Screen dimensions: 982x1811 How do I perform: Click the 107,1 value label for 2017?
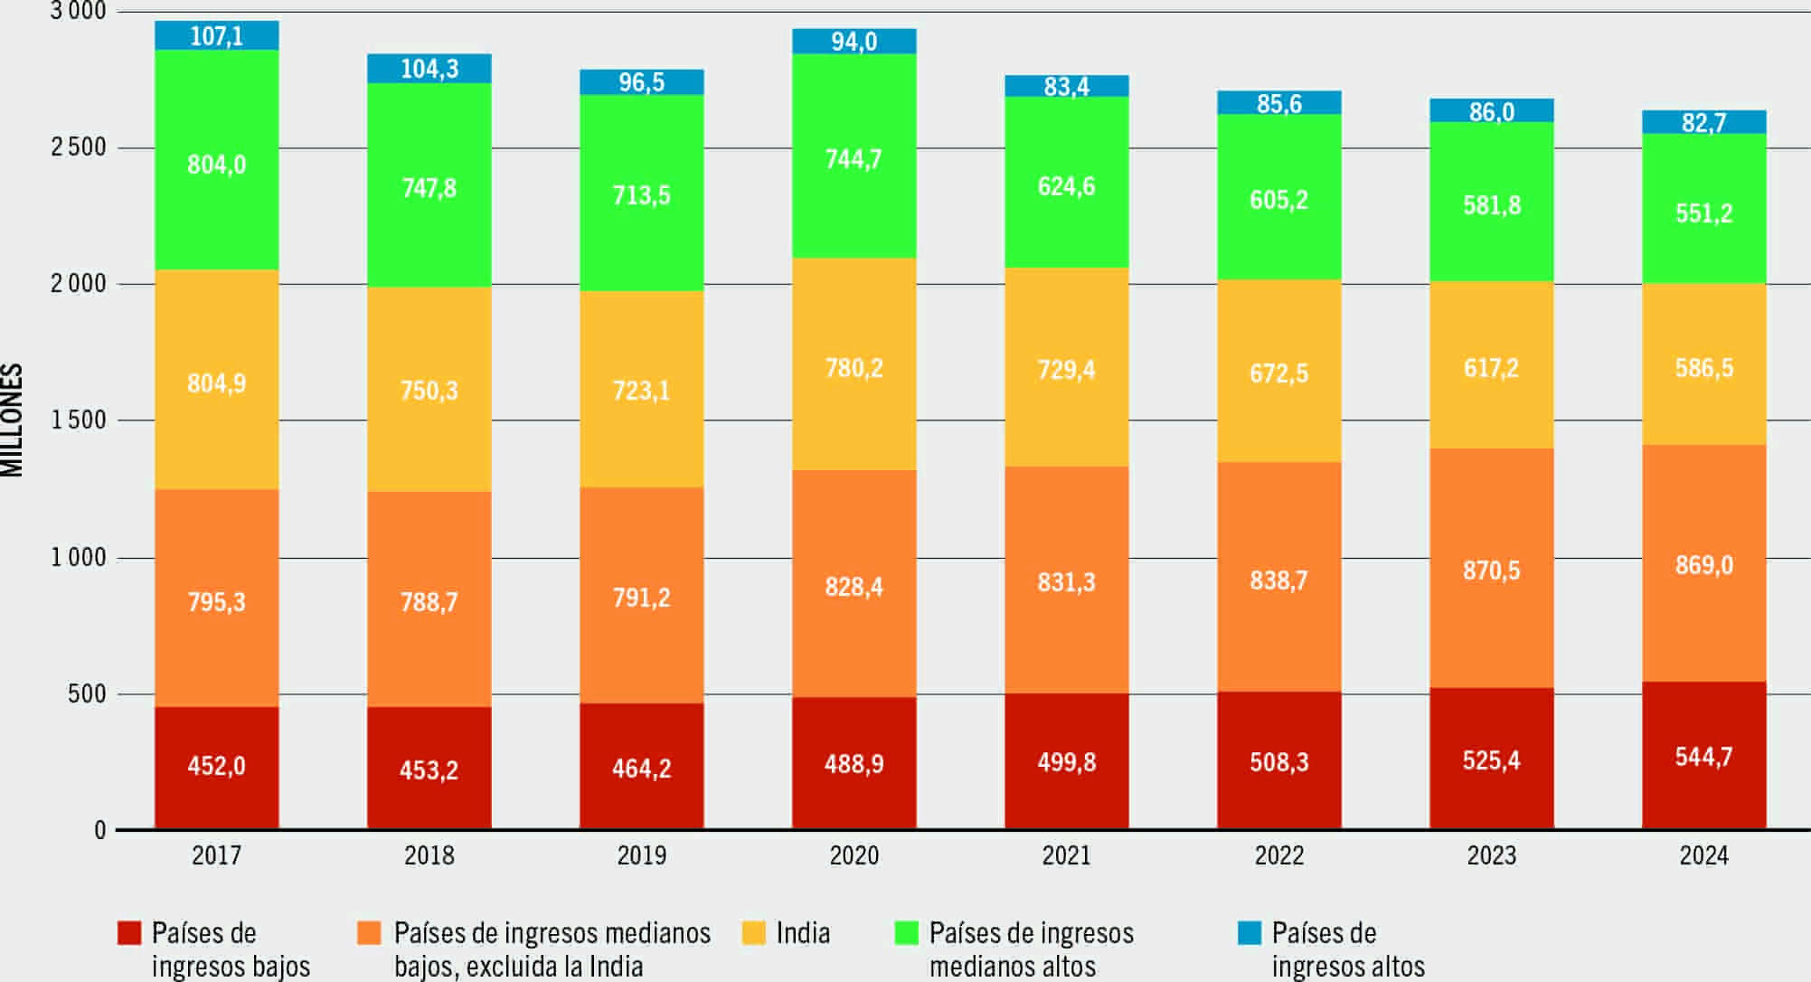point(217,36)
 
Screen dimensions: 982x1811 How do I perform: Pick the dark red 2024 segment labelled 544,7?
point(1703,756)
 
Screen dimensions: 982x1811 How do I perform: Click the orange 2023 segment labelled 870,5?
point(1491,569)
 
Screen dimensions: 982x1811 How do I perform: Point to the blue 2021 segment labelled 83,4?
point(1066,86)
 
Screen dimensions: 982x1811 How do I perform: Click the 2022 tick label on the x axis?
point(1278,855)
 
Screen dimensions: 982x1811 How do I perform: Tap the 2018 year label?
point(429,855)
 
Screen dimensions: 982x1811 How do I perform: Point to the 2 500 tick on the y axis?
point(79,147)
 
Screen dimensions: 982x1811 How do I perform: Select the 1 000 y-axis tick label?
point(79,557)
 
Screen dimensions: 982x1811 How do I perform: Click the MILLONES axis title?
point(12,420)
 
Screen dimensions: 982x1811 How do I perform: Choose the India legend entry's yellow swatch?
point(753,933)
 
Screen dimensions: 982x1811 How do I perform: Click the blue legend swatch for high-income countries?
point(1249,933)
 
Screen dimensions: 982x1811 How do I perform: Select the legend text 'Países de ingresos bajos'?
point(231,949)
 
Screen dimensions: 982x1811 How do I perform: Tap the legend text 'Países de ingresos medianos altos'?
point(1031,949)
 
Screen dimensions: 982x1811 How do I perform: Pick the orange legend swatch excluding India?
point(369,933)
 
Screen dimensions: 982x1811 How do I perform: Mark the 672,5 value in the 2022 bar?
point(1278,373)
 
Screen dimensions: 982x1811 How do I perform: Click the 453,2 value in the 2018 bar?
point(429,770)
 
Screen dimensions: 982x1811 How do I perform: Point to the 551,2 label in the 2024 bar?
point(1703,212)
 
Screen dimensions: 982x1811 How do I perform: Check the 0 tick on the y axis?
point(99,830)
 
